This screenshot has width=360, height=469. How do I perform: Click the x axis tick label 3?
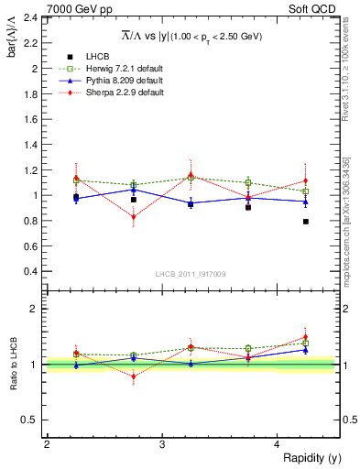[x=161, y=444]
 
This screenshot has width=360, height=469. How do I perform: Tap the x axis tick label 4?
[x=277, y=444]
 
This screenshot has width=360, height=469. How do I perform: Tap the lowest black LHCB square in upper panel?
[x=306, y=222]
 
